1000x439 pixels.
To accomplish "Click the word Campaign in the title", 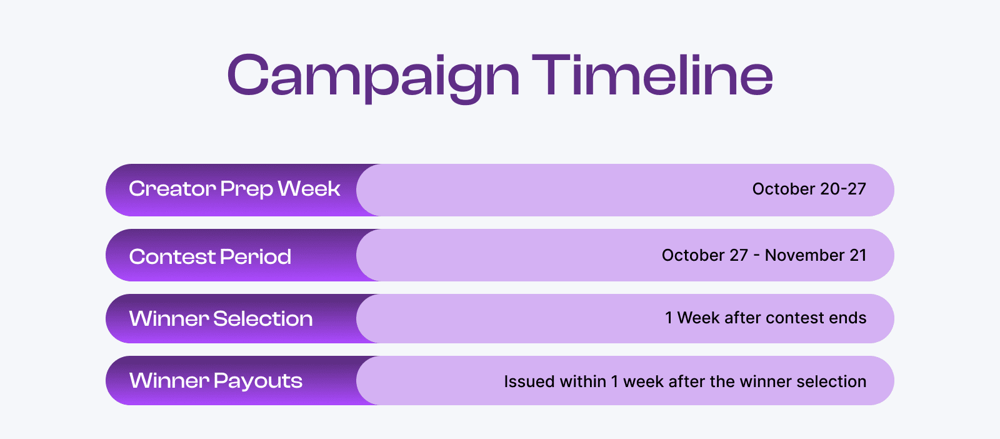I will click(373, 76).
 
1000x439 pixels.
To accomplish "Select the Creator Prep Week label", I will click(234, 189).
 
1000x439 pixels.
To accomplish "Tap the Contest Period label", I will click(210, 256).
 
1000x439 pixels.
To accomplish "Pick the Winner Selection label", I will click(221, 319).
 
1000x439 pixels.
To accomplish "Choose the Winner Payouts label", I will click(216, 381).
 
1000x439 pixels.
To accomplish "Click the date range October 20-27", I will click(809, 189).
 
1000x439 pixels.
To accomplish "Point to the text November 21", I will click(816, 255).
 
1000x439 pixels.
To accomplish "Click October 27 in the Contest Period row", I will click(704, 255).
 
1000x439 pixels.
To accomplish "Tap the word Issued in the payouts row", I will click(524, 381).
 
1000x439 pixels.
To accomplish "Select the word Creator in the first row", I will click(172, 189).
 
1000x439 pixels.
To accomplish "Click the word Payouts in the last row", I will click(258, 381).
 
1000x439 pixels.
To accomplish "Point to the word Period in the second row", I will click(256, 256).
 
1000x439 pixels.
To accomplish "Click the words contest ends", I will click(816, 318).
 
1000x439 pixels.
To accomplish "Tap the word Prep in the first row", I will click(246, 189).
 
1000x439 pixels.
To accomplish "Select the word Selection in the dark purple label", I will click(262, 319).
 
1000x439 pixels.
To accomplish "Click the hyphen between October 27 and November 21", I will click(756, 256).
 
